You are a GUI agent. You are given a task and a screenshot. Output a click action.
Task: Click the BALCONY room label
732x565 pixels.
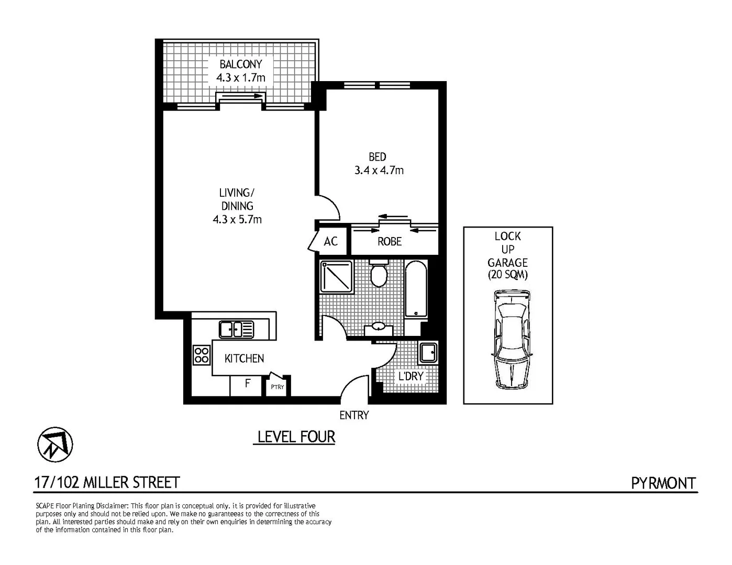240,64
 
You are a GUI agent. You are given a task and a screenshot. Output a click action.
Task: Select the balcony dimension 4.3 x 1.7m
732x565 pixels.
240,78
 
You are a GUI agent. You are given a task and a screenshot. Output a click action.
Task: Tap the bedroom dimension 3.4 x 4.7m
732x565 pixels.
379,170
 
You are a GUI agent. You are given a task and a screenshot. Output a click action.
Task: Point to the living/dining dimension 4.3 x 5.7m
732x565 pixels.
237,219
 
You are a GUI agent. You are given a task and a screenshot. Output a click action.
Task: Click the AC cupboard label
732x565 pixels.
330,241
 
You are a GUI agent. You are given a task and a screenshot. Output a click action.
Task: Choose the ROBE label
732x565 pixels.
390,241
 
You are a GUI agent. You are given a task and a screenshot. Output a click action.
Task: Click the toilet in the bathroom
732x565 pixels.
378,273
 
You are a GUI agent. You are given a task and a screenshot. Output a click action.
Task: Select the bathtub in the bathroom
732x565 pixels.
416,289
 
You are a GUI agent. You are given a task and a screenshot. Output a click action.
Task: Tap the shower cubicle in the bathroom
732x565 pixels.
336,277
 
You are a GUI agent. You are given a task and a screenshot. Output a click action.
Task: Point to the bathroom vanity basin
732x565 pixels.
378,329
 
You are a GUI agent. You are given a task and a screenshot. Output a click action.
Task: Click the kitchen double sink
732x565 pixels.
236,330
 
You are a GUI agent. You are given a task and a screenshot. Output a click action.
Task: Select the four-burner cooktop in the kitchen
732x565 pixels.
202,355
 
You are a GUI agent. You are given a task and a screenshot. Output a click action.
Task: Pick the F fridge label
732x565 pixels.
247,383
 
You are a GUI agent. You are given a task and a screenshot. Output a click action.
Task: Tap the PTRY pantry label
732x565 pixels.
277,387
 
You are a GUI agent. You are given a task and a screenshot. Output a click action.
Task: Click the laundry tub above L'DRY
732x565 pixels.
428,352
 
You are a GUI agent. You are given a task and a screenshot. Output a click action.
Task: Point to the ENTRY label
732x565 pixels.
354,415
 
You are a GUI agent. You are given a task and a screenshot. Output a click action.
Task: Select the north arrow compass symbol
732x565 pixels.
55,445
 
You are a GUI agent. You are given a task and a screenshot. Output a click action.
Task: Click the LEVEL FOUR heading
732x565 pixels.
296,437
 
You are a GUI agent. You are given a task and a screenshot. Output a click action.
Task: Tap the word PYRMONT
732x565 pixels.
663,483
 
